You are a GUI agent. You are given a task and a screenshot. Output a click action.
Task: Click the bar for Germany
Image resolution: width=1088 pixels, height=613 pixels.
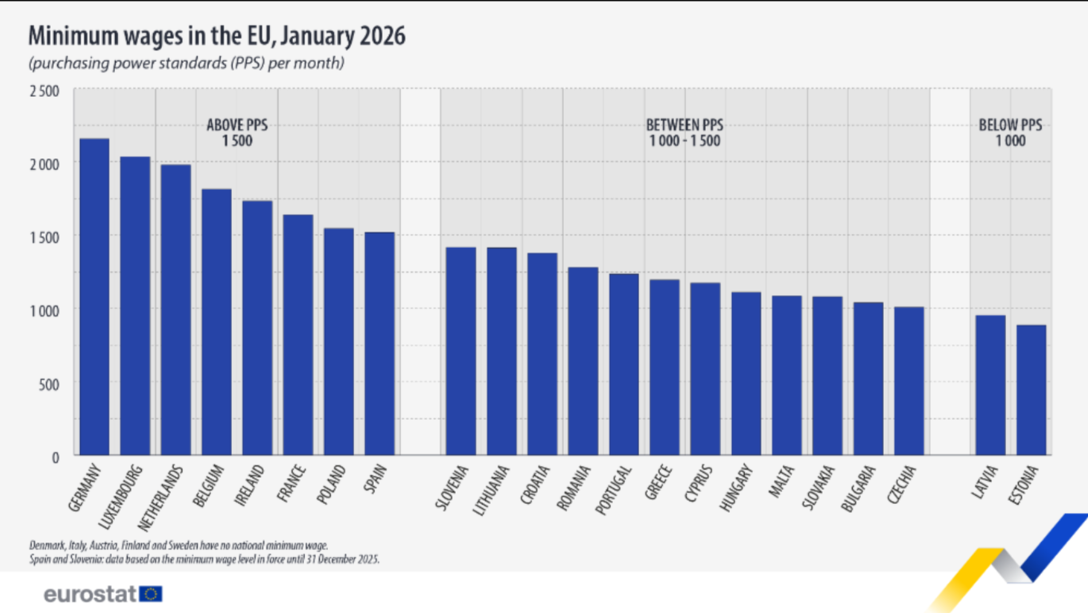click(95, 297)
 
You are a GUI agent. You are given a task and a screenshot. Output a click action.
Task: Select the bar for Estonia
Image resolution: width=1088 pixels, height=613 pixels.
click(1031, 390)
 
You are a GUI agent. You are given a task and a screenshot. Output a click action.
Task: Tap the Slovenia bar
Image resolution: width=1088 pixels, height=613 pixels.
click(461, 351)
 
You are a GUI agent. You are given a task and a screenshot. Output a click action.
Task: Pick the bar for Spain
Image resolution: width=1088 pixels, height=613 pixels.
click(380, 343)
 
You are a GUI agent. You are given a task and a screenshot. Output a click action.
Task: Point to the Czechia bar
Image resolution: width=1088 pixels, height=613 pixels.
click(909, 381)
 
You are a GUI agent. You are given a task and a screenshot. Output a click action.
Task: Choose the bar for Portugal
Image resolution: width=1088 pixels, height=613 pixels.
click(624, 365)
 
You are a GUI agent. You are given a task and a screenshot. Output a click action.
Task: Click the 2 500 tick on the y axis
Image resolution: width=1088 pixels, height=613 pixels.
click(44, 91)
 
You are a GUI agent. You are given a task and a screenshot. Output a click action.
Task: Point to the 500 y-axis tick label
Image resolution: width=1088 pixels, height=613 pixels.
click(49, 385)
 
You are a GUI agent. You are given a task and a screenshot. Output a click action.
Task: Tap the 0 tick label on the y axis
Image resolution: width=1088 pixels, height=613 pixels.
click(56, 457)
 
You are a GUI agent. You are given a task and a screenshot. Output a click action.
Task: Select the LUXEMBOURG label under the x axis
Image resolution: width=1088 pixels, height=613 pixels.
click(121, 496)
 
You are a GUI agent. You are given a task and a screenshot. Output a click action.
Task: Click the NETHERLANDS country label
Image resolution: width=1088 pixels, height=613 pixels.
click(160, 498)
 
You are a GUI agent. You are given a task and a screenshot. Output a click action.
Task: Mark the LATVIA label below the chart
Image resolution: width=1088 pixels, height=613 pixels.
click(985, 482)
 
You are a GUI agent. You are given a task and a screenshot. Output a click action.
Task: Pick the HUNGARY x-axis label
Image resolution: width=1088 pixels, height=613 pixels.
click(736, 487)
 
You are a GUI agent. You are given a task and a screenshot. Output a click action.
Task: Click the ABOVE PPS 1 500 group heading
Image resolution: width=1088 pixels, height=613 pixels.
click(237, 133)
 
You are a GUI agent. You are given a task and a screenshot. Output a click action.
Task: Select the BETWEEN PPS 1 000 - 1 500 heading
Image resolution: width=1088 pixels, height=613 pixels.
click(685, 133)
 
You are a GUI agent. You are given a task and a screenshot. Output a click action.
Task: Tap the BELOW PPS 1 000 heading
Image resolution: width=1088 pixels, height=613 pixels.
click(1010, 133)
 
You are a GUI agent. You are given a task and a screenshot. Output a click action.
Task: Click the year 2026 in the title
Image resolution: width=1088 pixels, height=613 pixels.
click(382, 36)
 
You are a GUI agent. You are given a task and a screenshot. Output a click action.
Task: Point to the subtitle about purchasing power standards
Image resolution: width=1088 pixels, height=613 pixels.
click(187, 63)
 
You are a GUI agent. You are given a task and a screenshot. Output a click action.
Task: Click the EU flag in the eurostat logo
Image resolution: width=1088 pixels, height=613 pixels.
click(151, 594)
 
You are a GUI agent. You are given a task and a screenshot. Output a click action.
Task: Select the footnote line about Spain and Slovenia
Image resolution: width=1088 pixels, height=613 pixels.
click(204, 559)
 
